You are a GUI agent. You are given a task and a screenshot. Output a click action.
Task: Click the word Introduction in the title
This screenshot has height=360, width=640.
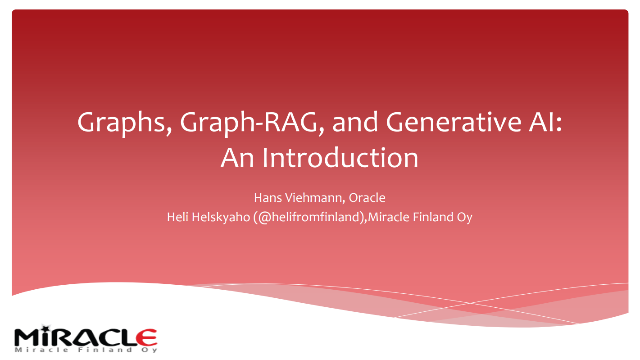[x=340, y=158]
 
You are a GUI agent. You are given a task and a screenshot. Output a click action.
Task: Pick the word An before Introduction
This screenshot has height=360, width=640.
[x=237, y=158]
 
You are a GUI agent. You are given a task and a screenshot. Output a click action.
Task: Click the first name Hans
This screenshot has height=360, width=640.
[x=266, y=197]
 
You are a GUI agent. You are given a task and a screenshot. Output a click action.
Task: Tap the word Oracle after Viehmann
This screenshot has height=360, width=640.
[x=367, y=197]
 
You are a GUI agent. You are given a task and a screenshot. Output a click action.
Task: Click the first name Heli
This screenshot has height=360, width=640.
[x=177, y=217]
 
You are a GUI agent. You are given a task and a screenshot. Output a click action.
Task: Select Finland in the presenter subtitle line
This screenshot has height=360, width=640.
[x=430, y=217]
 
